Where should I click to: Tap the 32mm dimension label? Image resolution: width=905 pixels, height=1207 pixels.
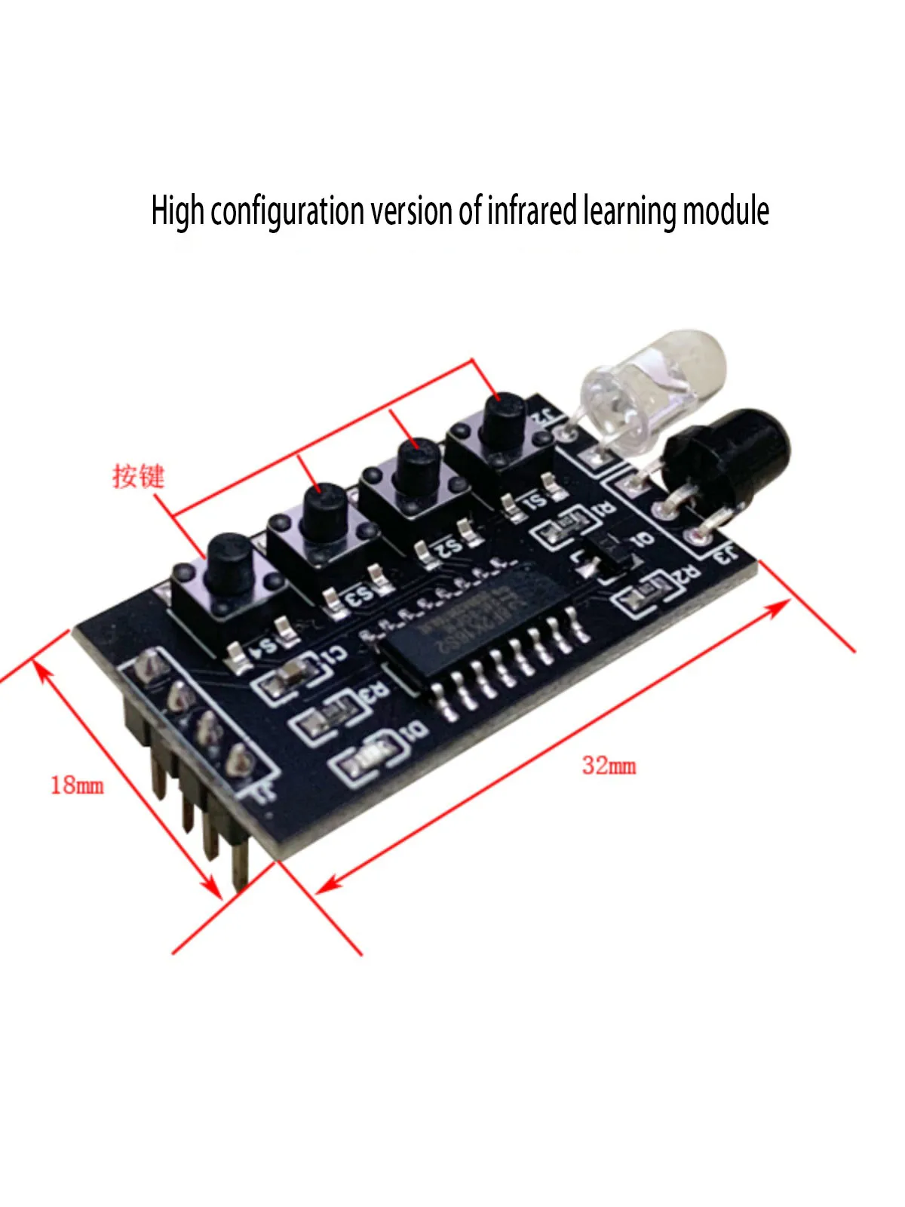click(609, 766)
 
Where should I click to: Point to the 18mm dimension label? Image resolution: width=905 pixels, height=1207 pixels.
click(77, 785)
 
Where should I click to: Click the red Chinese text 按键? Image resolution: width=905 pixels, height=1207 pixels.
click(138, 477)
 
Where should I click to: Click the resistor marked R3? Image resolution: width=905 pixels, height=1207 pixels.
click(329, 712)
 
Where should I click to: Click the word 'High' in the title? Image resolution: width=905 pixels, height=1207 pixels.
click(178, 210)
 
